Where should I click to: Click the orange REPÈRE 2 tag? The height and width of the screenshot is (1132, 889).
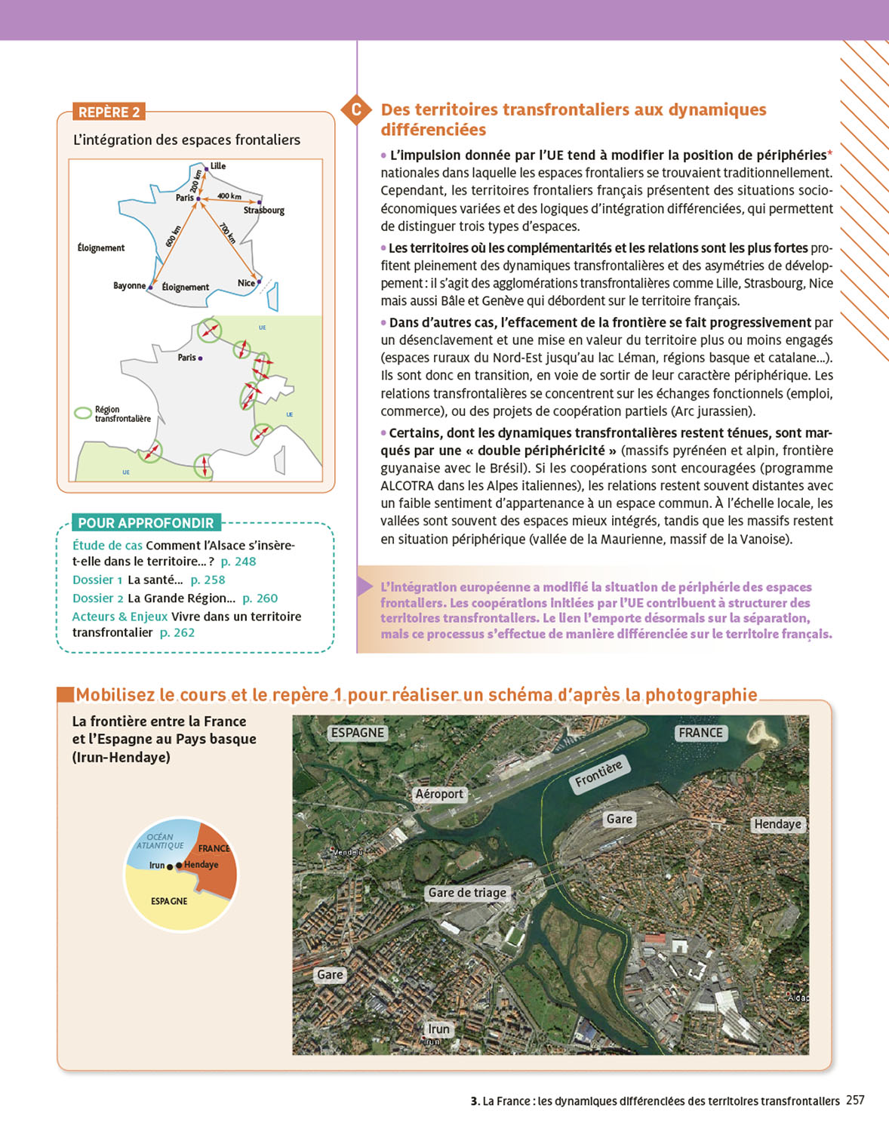pyautogui.click(x=109, y=112)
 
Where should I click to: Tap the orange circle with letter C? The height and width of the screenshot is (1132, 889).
pyautogui.click(x=356, y=110)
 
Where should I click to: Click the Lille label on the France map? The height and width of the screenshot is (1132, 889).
pyautogui.click(x=218, y=166)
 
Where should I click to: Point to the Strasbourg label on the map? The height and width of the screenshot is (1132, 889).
pyautogui.click(x=264, y=211)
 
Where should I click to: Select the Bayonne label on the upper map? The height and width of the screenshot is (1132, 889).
pyautogui.click(x=129, y=286)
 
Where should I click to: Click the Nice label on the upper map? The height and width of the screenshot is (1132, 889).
pyautogui.click(x=246, y=284)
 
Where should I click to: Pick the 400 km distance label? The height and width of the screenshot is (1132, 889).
pyautogui.click(x=229, y=196)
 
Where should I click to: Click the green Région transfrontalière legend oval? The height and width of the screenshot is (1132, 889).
pyautogui.click(x=83, y=414)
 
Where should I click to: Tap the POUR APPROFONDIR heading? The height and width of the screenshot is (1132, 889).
pyautogui.click(x=146, y=523)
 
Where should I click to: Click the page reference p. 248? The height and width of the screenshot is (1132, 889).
pyautogui.click(x=238, y=561)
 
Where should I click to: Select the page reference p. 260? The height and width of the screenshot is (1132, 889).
pyautogui.click(x=260, y=598)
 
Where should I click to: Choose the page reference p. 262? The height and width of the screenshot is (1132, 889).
pyautogui.click(x=177, y=633)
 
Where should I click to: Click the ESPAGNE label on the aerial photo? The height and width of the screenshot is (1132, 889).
pyautogui.click(x=358, y=733)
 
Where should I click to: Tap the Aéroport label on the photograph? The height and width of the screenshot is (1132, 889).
pyautogui.click(x=439, y=794)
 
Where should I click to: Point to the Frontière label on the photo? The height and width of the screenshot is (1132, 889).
pyautogui.click(x=598, y=774)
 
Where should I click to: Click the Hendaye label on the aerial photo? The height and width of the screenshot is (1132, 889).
pyautogui.click(x=777, y=824)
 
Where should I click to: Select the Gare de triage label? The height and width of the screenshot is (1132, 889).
pyautogui.click(x=467, y=893)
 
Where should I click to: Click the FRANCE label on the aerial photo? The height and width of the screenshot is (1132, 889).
pyautogui.click(x=700, y=733)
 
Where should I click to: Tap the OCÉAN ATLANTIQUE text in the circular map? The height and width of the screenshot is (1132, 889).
pyautogui.click(x=160, y=841)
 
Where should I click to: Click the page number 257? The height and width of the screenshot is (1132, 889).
pyautogui.click(x=855, y=1100)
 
